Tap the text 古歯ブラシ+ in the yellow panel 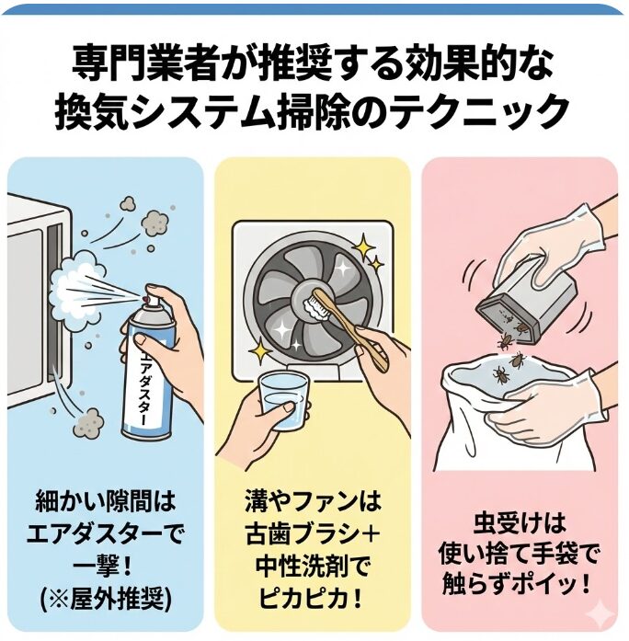pos(312,533)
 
